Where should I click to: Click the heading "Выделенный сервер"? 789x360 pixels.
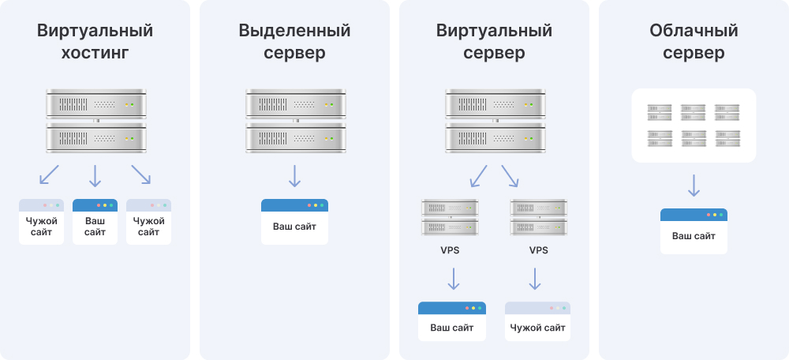coord(294,43)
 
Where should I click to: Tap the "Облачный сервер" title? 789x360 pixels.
coord(694,43)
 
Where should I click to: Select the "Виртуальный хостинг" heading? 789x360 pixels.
coord(95,43)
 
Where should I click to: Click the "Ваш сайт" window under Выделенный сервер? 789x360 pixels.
coord(294,222)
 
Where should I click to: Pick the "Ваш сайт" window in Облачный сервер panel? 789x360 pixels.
coord(694,231)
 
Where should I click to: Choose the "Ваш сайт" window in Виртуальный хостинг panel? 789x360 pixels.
coord(95,222)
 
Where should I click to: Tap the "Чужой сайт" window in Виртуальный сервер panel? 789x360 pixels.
coord(537,321)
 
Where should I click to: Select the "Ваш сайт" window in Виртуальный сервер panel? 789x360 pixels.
coord(452,321)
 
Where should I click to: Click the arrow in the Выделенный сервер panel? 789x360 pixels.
coord(294,175)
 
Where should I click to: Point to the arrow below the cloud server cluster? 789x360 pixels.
coord(694,185)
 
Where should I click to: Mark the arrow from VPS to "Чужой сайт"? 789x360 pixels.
coord(535,279)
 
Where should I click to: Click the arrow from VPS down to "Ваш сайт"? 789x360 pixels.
coord(453,279)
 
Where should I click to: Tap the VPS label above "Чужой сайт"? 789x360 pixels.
coord(538,251)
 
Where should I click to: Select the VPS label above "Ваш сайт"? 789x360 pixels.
coord(450,251)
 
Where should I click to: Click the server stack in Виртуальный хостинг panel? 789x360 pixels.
coord(95,121)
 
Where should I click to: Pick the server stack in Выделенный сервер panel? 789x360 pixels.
coord(294,121)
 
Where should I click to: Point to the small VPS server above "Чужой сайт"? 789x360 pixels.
coord(538,217)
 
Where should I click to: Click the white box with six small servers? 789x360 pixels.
coord(694,126)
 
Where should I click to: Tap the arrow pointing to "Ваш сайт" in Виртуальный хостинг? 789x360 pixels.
coord(95,175)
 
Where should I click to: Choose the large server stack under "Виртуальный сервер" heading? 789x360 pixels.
coord(494,121)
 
